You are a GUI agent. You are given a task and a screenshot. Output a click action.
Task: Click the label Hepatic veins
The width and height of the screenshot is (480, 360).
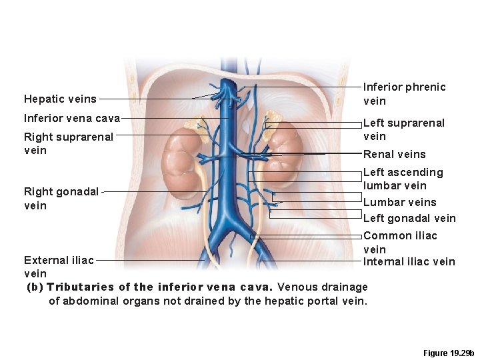pos(60,99)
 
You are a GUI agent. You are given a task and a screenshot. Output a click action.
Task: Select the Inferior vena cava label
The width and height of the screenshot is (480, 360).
pos(72,119)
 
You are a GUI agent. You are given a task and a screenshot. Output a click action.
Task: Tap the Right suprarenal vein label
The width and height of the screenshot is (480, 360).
pos(69,143)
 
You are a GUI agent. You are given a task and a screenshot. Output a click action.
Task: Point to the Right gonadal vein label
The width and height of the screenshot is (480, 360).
pos(61,199)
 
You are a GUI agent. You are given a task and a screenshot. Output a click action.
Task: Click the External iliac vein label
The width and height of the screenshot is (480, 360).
pos(59,267)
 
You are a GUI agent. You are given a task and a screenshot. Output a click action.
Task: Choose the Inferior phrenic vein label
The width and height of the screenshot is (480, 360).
pos(404,94)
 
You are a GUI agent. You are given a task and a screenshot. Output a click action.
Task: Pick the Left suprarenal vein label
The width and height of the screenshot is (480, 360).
pos(403,129)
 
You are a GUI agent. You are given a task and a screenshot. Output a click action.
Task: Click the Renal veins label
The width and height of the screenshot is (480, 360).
pos(394,155)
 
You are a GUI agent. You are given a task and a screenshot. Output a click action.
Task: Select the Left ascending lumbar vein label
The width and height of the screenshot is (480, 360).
pos(403,179)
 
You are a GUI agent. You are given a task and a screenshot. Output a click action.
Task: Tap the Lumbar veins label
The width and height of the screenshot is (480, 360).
pos(400,202)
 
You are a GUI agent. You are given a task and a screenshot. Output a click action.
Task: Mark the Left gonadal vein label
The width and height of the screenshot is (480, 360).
pos(409,218)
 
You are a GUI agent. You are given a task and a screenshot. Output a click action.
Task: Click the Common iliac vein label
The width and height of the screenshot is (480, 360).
pos(400,242)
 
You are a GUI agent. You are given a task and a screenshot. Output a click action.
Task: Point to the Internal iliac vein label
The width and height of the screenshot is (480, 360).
pos(409,261)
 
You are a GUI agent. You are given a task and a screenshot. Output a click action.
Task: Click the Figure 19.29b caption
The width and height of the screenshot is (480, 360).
pos(449,353)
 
